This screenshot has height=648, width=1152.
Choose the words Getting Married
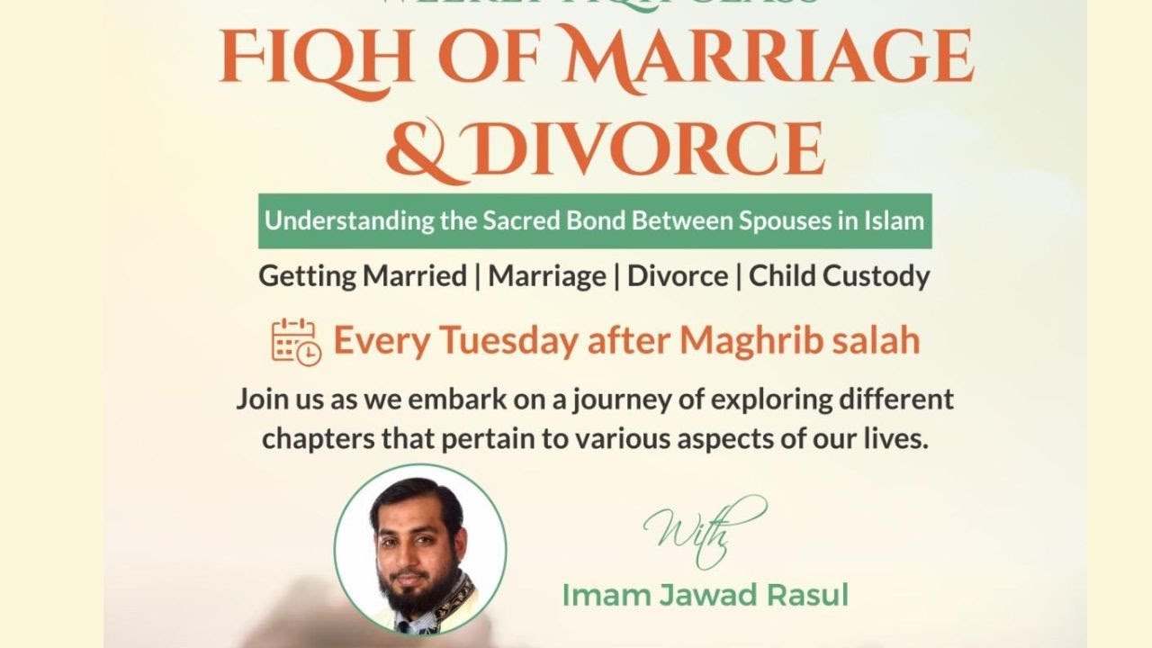pos(363,276)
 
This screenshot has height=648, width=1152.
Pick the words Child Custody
pos(839,276)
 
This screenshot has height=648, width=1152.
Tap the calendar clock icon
pos(295,342)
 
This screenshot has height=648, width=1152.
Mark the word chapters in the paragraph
pos(311,441)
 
